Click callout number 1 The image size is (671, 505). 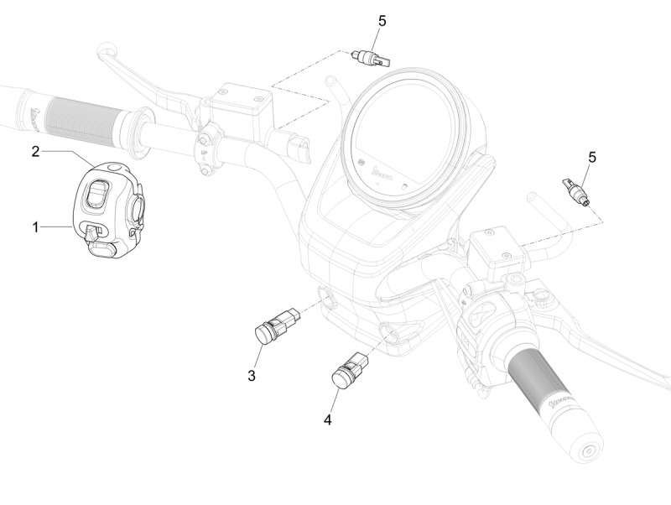pos(36,226)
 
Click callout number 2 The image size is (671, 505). pos(36,152)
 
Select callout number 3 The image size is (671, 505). pos(252,375)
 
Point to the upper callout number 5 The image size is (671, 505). pos(382,20)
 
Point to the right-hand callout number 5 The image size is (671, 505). pos(592,157)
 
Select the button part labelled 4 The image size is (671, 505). pos(350,370)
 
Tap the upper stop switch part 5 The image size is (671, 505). pos(372,59)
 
